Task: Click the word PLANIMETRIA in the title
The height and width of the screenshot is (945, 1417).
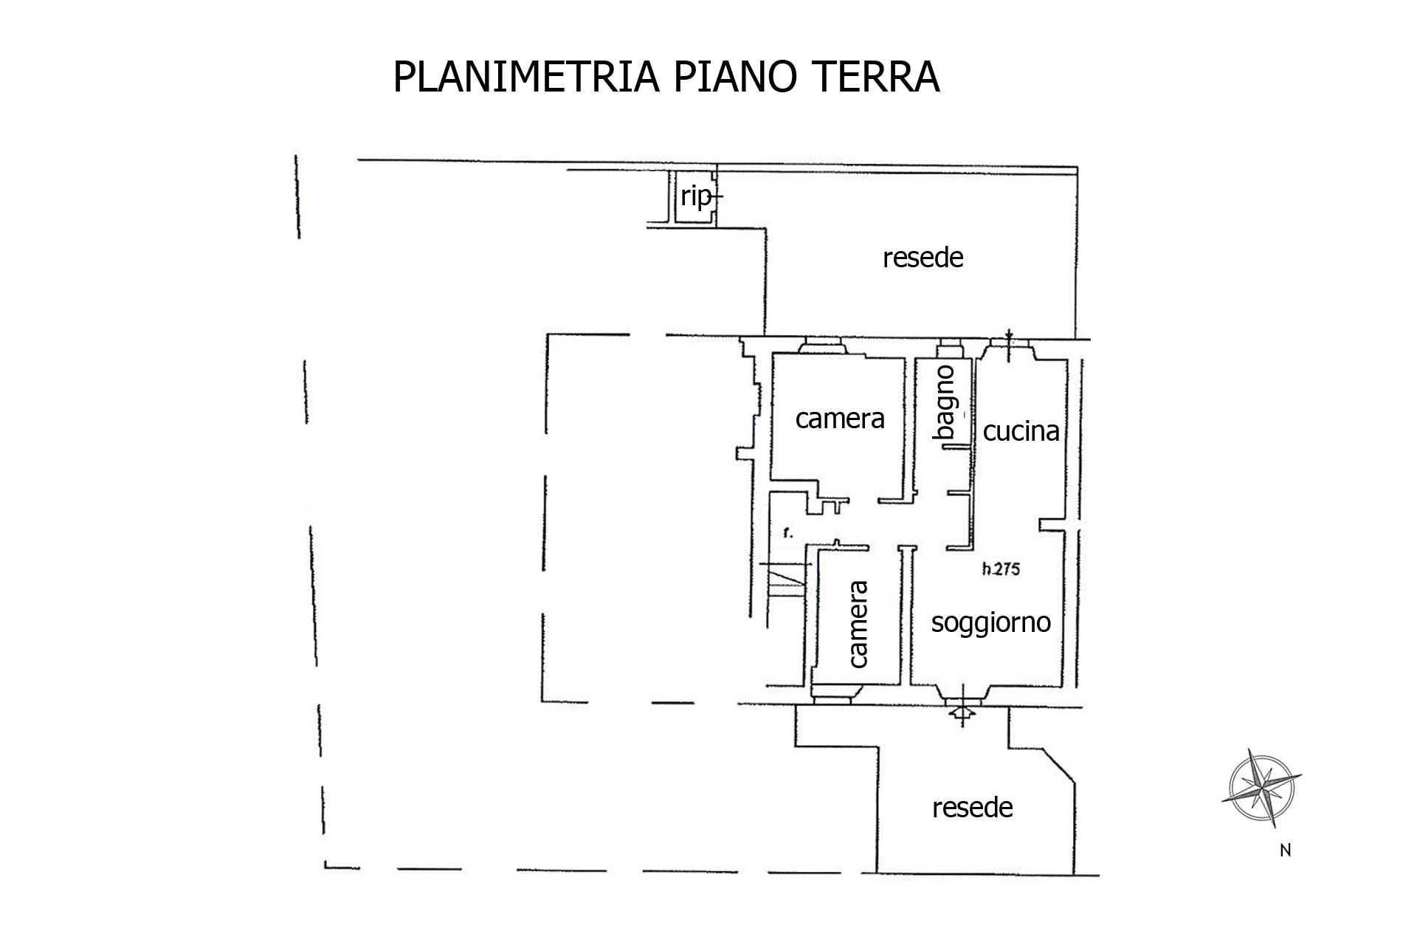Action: (x=526, y=76)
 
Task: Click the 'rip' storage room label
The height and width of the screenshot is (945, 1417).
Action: (x=696, y=197)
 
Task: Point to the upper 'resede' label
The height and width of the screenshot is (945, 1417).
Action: (x=923, y=258)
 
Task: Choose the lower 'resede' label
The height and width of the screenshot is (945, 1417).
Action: (x=972, y=808)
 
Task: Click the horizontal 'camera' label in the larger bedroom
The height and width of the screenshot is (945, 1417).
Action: (x=840, y=419)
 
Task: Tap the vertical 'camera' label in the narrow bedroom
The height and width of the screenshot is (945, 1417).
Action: (x=858, y=625)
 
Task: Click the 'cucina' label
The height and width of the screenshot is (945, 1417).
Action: (x=1021, y=430)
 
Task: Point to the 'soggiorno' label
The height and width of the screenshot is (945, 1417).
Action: (x=991, y=622)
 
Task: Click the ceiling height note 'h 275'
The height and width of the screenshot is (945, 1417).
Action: (x=1001, y=568)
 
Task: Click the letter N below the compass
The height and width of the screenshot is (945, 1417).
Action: (x=1285, y=850)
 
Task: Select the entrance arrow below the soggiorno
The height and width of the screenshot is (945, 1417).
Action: (x=962, y=713)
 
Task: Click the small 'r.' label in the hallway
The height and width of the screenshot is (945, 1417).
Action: (x=788, y=532)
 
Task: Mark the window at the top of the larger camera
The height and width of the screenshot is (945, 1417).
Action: (x=823, y=344)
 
